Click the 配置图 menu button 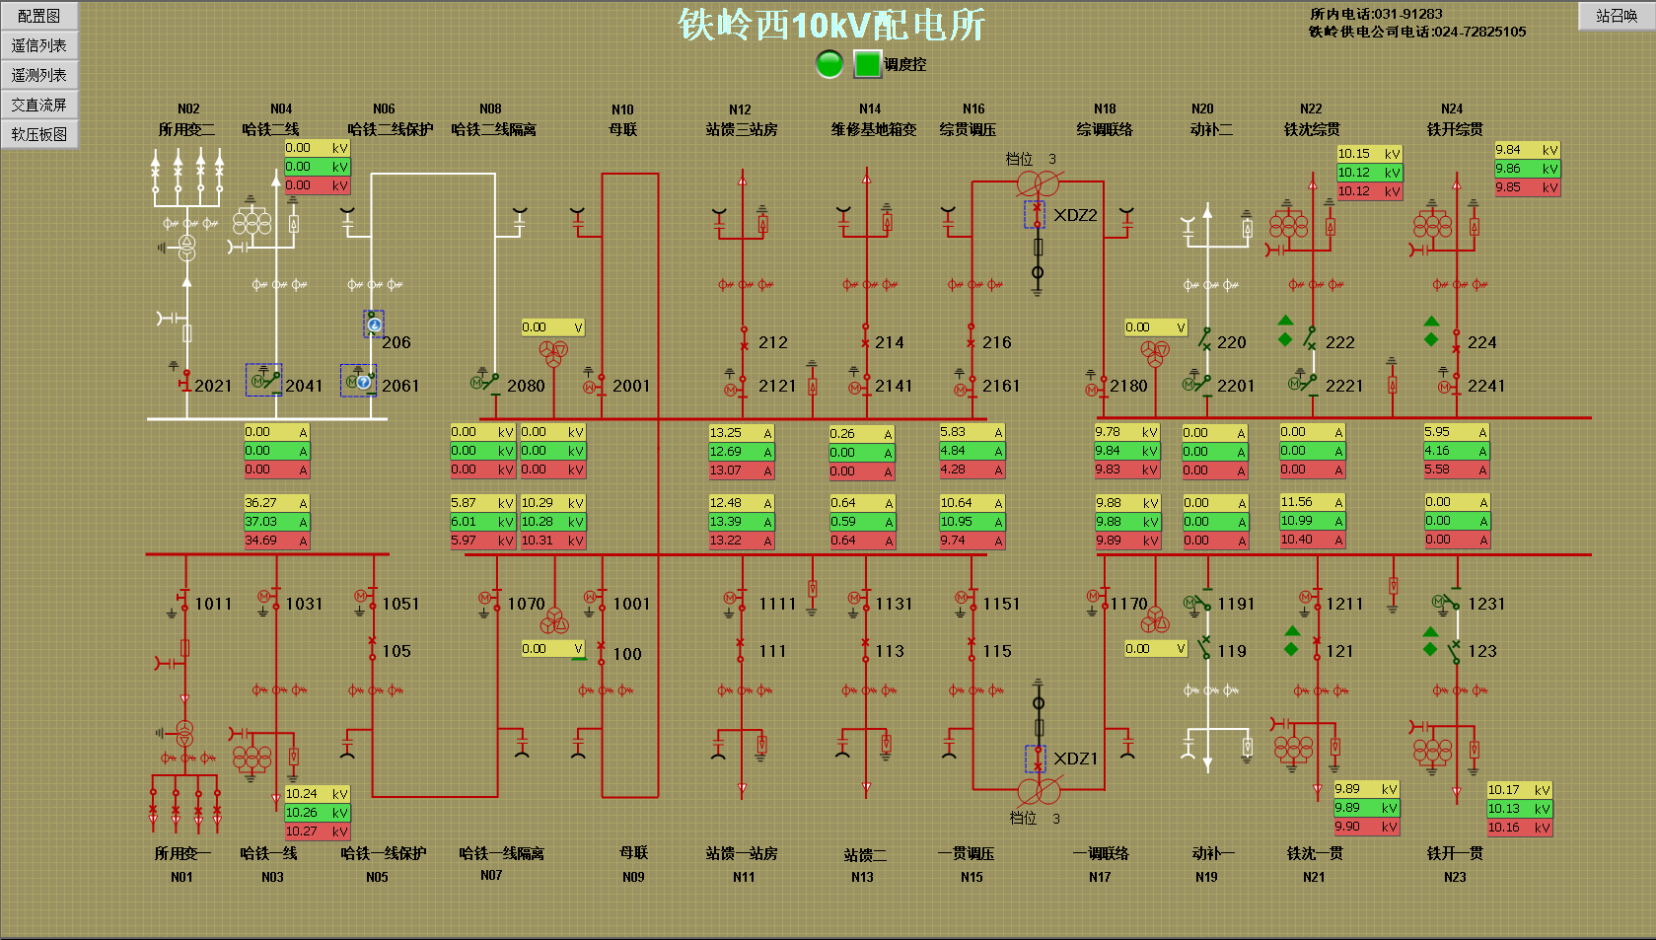coord(39,16)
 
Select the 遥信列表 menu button coord(39,45)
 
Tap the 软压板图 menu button coord(39,134)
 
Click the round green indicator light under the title coord(829,64)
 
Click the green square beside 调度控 coord(867,64)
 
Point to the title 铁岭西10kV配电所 coord(830,25)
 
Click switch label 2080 coord(526,386)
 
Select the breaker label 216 coord(996,342)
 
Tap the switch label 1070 coord(526,604)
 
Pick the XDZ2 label coord(1075,215)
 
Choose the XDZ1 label coord(1075,759)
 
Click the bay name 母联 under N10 coord(622,129)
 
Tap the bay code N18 coord(1105,108)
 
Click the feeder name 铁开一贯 coord(1455,853)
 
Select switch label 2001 coord(631,386)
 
